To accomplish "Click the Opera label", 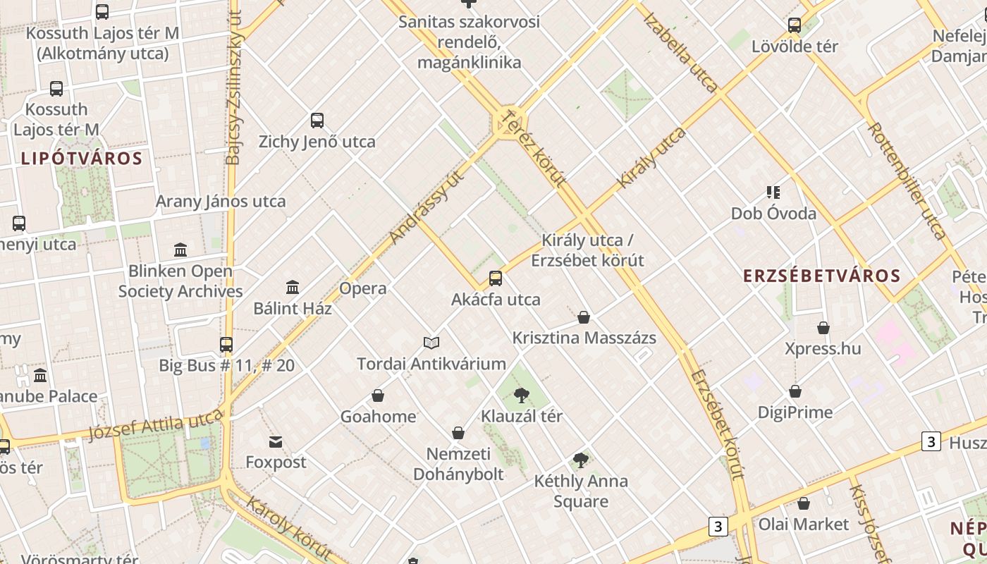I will coord(363,288).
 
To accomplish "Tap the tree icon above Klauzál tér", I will coord(522,395).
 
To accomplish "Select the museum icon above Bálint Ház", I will coord(293,287).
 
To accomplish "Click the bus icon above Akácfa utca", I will coord(496,278).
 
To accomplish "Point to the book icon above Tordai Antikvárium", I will coord(431,343).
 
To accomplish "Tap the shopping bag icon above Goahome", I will coord(378,396).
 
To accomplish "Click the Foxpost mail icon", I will coord(276,442).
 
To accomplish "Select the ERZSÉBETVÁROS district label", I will coord(822,276).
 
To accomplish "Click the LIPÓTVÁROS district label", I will coord(82,158).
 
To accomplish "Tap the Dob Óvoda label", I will coord(773,214).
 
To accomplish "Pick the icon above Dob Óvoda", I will coord(773,192).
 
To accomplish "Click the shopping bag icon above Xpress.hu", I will coord(823,328).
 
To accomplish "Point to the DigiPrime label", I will coord(795,412).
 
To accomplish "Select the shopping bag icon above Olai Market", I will coord(804,503).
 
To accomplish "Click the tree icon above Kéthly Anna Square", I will coord(581,460).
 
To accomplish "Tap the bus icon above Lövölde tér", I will coord(795,25).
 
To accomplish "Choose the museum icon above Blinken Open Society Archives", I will coord(180,250).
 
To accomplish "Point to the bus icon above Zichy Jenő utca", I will coord(317,121).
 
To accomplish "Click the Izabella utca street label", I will coord(681,53).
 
